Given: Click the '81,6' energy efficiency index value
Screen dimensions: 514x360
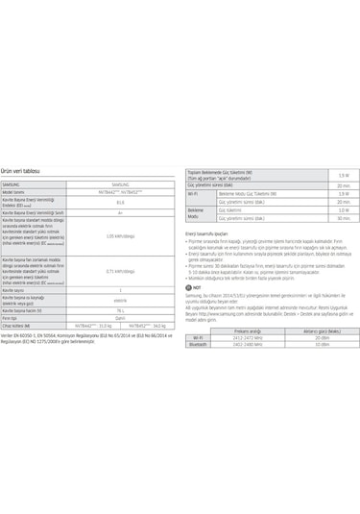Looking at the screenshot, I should coord(120,202).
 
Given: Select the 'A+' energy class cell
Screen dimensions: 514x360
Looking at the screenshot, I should coord(120,212).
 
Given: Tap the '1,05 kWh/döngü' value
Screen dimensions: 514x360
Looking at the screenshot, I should coord(120,235).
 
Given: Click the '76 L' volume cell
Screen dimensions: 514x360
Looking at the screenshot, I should coord(120,310).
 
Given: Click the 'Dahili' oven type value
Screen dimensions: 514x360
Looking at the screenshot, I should coord(120,318).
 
